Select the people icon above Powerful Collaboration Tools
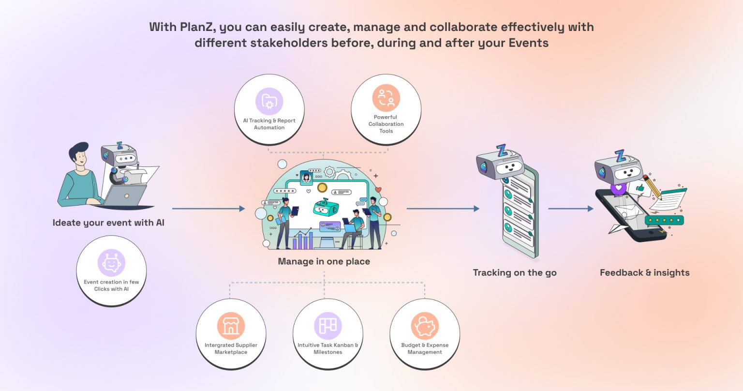[386, 98]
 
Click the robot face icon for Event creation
[111, 263]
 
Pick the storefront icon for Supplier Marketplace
[231, 326]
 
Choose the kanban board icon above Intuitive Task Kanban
[327, 326]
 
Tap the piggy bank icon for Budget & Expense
[425, 326]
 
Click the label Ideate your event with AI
[108, 223]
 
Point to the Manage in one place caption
[324, 261]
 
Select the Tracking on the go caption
[515, 272]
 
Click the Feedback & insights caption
[644, 272]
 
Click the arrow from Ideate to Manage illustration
[208, 209]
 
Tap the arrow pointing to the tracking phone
[443, 209]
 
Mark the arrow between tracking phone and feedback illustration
[570, 209]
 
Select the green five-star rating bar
[664, 220]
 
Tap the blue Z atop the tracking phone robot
[502, 150]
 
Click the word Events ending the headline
[528, 43]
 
